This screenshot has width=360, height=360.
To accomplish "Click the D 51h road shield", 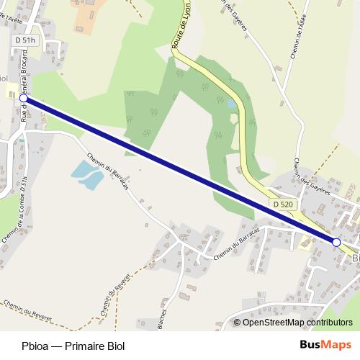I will pos(24,41).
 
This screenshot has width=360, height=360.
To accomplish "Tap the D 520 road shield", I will pos(283,205).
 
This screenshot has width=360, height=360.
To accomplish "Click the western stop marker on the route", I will pos(23,99).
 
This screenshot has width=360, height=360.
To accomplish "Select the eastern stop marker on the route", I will pos(336,243).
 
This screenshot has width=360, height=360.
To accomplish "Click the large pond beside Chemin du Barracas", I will pos(86,174).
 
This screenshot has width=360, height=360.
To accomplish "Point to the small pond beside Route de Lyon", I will pos(231,105).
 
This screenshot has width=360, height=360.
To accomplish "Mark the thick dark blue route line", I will pos(180,171).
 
